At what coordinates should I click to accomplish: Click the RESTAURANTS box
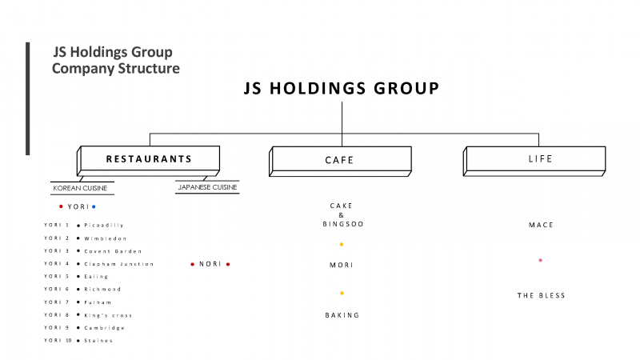[149, 161]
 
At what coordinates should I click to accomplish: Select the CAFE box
[340, 162]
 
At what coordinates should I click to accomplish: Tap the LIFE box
[534, 161]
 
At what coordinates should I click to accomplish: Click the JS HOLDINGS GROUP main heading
[342, 89]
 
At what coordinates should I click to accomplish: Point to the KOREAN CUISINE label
[80, 188]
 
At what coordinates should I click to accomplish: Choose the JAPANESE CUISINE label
[207, 187]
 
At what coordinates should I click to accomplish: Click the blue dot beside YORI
[94, 206]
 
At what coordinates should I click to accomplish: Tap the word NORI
[210, 264]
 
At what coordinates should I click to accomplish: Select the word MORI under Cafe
[342, 265]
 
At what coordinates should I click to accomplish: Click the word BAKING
[342, 315]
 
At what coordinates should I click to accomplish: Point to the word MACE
[541, 225]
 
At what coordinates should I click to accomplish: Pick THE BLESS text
[541, 295]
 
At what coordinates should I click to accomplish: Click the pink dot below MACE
[541, 260]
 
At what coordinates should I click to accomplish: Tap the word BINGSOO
[343, 224]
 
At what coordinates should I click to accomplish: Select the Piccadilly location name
[104, 226]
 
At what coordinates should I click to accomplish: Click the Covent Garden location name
[113, 251]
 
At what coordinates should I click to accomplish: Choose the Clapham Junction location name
[118, 264]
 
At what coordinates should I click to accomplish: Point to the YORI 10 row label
[58, 341]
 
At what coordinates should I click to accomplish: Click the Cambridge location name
[105, 328]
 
